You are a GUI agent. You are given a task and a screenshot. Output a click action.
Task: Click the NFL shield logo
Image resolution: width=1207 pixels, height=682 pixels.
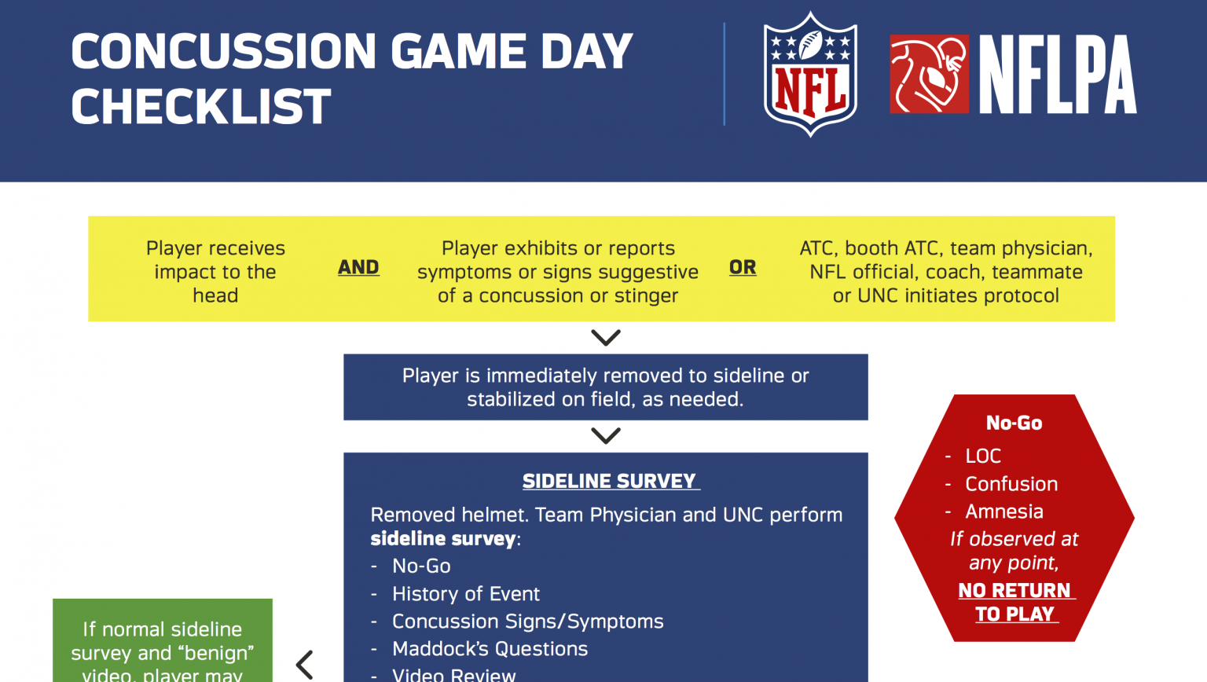[810, 74]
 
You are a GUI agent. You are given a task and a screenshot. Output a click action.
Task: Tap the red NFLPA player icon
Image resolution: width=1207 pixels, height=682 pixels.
[929, 74]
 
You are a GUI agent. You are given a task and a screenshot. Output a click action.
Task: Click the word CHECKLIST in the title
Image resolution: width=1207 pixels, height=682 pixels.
[201, 107]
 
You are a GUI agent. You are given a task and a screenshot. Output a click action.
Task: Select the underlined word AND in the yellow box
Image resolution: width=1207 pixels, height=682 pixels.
[358, 268]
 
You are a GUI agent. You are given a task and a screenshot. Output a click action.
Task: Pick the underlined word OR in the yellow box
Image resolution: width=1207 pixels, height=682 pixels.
[743, 268]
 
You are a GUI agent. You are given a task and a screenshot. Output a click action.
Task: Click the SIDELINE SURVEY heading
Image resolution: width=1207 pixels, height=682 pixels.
[610, 481]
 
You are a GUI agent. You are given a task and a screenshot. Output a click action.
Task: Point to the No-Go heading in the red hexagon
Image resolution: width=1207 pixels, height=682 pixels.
[1014, 423]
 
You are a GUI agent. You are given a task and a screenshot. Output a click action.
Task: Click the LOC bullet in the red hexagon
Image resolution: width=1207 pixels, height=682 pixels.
[982, 456]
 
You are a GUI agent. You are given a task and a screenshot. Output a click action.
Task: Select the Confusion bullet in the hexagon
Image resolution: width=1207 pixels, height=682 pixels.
[1011, 484]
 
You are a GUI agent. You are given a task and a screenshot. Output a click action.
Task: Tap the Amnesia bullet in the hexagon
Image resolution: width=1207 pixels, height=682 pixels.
[1003, 511]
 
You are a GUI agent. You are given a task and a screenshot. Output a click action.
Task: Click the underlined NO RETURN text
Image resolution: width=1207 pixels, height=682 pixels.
[1014, 590]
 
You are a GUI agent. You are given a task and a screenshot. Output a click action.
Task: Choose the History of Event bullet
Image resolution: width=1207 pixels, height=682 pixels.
[465, 594]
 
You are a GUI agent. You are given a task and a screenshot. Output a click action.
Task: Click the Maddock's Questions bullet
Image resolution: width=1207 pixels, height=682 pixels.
[490, 649]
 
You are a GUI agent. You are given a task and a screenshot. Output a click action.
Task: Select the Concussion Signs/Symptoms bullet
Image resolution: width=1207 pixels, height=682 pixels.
[527, 621]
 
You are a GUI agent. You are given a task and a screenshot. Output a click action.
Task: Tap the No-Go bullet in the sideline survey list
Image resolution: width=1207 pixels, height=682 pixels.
[421, 566]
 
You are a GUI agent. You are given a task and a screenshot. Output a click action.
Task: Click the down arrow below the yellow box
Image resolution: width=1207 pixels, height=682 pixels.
[606, 337]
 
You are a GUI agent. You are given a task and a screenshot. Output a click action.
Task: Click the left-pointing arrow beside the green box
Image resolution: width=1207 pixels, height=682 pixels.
[305, 665]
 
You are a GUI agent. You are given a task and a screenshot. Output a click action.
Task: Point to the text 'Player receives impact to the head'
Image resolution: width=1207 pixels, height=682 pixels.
[215, 272]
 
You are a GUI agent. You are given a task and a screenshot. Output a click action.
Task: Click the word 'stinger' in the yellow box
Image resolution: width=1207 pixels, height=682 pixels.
[646, 295]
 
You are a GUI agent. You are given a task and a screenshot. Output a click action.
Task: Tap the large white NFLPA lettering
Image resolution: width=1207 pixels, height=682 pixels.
[1057, 75]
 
